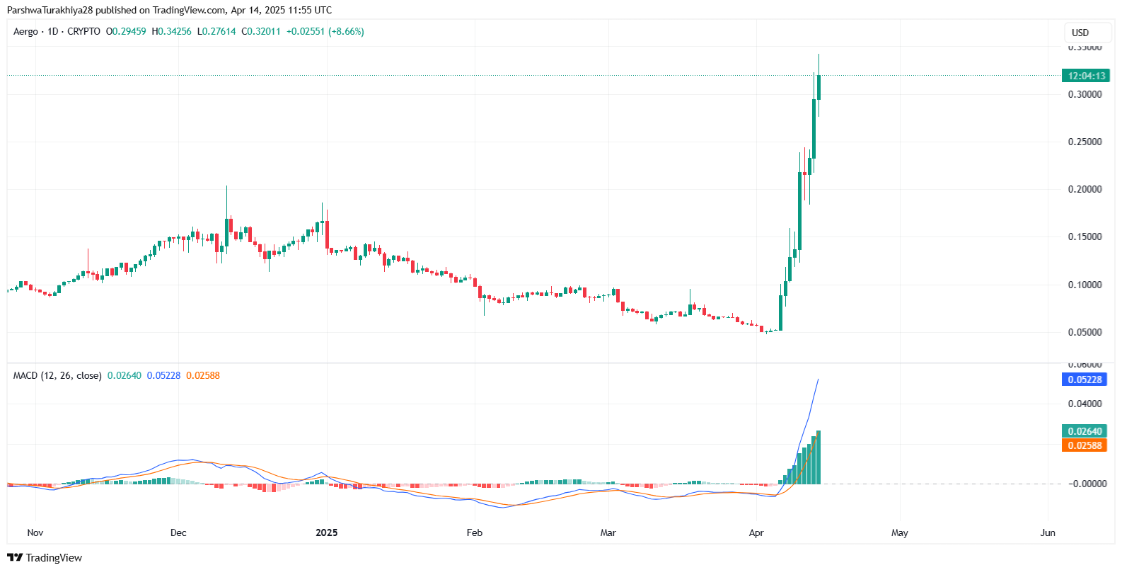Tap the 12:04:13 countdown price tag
click(x=1086, y=76)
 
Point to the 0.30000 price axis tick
click(x=1085, y=94)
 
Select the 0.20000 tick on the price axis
click(x=1085, y=189)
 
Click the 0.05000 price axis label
click(x=1085, y=332)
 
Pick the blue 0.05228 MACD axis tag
click(x=1085, y=380)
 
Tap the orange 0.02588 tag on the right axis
click(x=1085, y=445)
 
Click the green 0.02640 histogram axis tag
click(x=1085, y=431)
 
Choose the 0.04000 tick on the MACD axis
click(x=1085, y=404)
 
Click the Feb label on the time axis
click(x=474, y=532)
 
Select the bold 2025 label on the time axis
click(x=326, y=532)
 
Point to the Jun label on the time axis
click(x=1048, y=532)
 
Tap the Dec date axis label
click(x=178, y=532)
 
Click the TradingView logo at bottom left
click(x=45, y=558)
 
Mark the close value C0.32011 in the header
click(x=261, y=32)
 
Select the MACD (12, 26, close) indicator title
click(x=57, y=376)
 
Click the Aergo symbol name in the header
click(x=25, y=32)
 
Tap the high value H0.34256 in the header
click(x=171, y=32)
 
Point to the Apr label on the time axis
click(x=756, y=532)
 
